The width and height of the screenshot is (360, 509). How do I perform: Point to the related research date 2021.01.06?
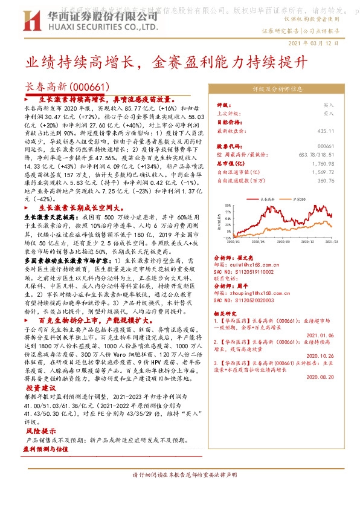[320, 335]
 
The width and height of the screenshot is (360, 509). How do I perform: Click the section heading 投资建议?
[40, 387]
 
